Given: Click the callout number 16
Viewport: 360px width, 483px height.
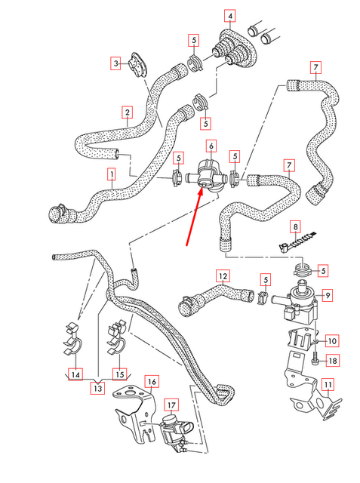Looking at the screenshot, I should tap(152, 382).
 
